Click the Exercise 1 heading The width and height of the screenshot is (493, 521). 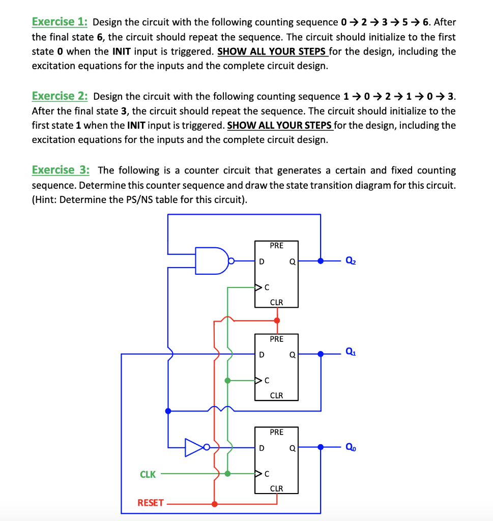(60, 22)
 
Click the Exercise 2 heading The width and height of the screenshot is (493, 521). (60, 96)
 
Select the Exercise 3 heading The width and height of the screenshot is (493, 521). (60, 170)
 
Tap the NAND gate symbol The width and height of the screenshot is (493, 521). (213, 260)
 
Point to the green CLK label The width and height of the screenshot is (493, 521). (148, 474)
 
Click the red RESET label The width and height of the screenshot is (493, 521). (151, 503)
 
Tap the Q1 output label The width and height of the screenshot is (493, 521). (351, 351)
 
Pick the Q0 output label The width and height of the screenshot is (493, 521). (351, 447)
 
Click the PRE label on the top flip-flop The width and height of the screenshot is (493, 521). (276, 246)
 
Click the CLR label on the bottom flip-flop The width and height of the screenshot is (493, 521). (276, 488)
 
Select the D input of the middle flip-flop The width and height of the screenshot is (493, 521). (262, 355)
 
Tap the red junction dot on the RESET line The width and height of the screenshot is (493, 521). (214, 504)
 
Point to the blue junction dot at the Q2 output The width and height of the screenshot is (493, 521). (320, 260)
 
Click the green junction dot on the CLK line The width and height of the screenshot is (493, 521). (227, 474)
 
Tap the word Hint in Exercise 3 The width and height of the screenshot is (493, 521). (45, 199)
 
